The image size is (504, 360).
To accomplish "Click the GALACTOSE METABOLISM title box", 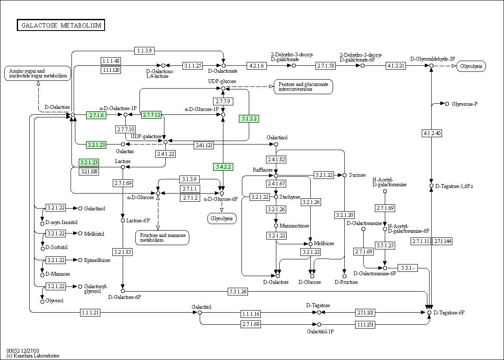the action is pyautogui.click(x=61, y=25).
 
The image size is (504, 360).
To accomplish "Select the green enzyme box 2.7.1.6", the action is pyautogui.click(x=96, y=115).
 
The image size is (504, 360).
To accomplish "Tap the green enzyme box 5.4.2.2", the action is pyautogui.click(x=223, y=167).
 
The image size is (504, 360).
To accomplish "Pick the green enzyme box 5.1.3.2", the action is pyautogui.click(x=249, y=119).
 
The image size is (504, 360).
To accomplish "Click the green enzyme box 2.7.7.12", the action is pyautogui.click(x=152, y=115).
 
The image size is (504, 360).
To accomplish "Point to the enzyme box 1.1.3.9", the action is pyautogui.click(x=145, y=50).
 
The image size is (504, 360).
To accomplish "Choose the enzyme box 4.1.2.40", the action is pyautogui.click(x=432, y=133).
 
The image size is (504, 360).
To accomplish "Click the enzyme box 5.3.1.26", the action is pyautogui.click(x=238, y=292).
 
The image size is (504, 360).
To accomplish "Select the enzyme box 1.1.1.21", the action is pyautogui.click(x=90, y=312).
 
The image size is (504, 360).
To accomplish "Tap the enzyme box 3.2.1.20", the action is pyautogui.click(x=345, y=215).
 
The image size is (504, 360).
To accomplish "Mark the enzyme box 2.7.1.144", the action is pyautogui.click(x=442, y=241).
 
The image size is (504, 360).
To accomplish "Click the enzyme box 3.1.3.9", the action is pyautogui.click(x=189, y=179).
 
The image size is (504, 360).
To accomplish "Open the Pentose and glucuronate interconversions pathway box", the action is pyautogui.click(x=303, y=87).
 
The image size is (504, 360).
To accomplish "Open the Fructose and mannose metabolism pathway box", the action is pyautogui.click(x=162, y=238).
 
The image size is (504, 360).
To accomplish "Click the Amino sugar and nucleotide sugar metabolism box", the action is pyautogui.click(x=37, y=73).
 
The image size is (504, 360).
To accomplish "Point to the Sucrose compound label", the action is pyautogui.click(x=357, y=175).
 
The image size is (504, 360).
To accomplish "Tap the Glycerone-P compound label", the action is pyautogui.click(x=464, y=104).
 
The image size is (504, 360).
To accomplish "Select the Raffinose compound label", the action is pyautogui.click(x=263, y=170).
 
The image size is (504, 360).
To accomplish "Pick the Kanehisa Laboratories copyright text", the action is pyautogui.click(x=33, y=356).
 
